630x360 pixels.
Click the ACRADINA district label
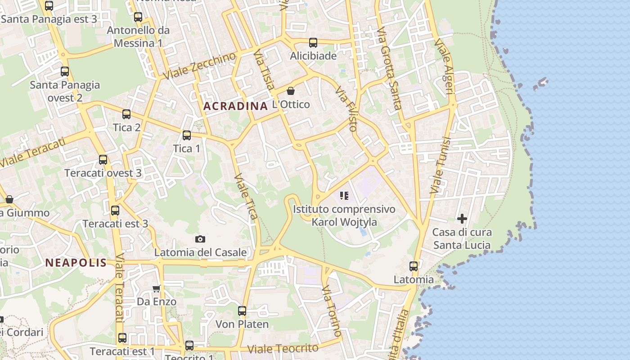coord(235,106)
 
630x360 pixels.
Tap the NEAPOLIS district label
coord(76,263)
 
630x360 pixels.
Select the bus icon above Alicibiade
coord(313,43)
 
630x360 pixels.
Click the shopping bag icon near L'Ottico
coord(291,91)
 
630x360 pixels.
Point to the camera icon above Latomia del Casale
coord(200,239)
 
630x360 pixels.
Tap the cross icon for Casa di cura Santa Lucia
coord(462,219)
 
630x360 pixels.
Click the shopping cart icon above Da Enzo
coord(156,288)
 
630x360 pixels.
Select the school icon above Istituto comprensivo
coord(344,196)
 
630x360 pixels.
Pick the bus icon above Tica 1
coord(186,135)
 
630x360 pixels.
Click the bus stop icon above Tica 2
coord(126,114)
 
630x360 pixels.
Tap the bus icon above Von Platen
coord(242,310)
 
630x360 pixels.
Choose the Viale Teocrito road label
coord(283,349)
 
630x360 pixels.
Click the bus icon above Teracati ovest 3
coord(103,160)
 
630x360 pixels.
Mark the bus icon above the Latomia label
coord(414,266)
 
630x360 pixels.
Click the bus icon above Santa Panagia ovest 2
coord(65,72)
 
